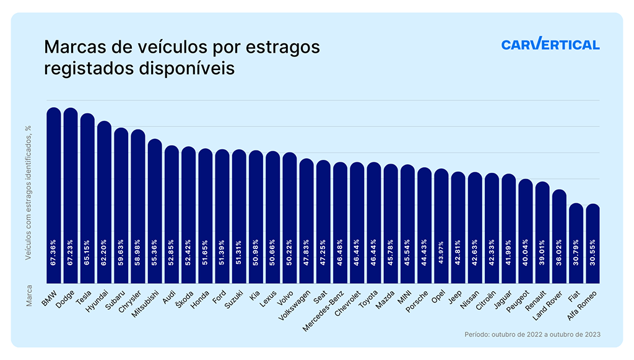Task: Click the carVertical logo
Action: pyautogui.click(x=550, y=45)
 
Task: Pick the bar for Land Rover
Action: pyautogui.click(x=559, y=236)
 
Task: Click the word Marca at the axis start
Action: pyautogui.click(x=29, y=297)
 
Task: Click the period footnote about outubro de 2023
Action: pyautogui.click(x=532, y=335)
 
